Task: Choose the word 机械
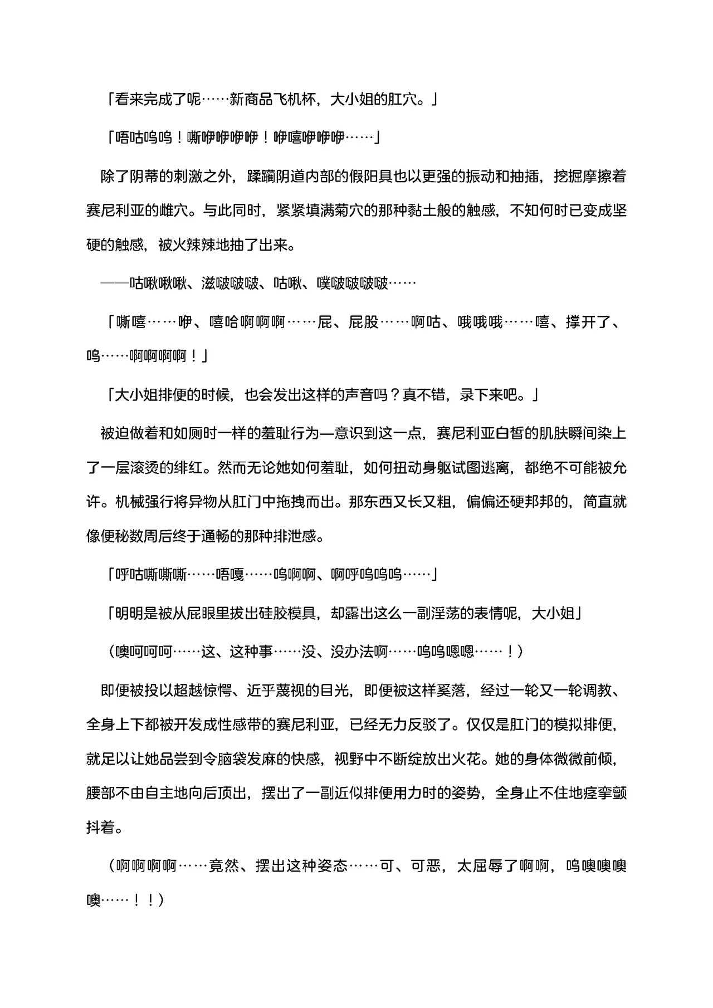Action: pyautogui.click(x=130, y=502)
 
